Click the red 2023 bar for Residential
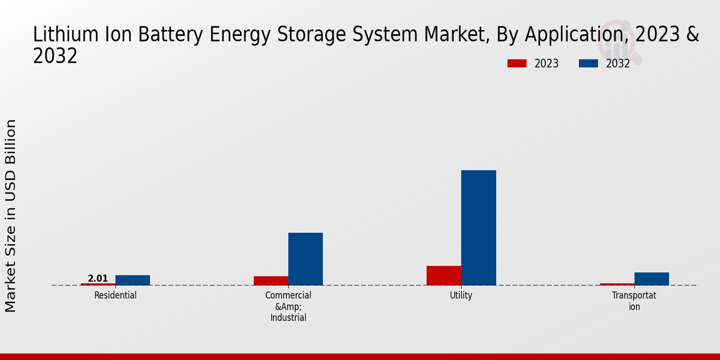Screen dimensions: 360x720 (98, 284)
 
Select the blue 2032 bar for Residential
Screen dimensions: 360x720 (133, 280)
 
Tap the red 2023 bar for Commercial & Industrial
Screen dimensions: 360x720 (271, 281)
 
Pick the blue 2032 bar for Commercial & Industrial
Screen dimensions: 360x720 (305, 259)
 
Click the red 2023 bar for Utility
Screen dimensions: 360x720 (444, 275)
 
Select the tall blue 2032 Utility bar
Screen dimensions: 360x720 (478, 227)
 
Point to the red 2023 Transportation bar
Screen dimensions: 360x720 (617, 284)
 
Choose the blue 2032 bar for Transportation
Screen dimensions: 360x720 (652, 279)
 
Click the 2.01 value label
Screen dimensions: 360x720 (98, 278)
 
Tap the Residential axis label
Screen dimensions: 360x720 (115, 295)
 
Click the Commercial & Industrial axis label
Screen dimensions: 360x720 (288, 307)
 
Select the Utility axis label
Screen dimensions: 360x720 (461, 295)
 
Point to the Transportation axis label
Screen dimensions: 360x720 (634, 301)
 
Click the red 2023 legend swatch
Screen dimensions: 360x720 (517, 64)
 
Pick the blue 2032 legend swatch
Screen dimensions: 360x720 (588, 64)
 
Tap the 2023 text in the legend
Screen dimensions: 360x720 (547, 64)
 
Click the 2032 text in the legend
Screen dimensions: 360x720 (618, 64)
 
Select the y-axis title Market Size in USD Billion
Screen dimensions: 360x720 (11, 216)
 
